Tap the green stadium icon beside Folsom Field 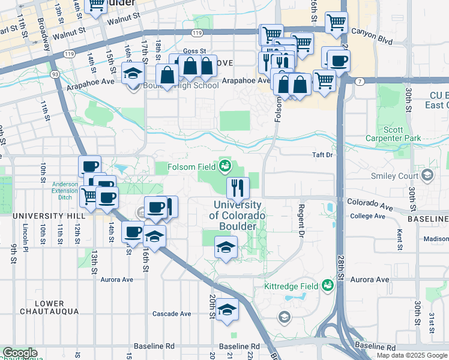pyautogui.click(x=225, y=165)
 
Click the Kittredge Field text pyautogui.click(x=292, y=287)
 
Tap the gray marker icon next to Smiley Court pyautogui.click(x=427, y=175)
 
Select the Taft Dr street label pyautogui.click(x=322, y=155)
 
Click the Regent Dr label pyautogui.click(x=300, y=220)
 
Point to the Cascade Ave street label pyautogui.click(x=172, y=314)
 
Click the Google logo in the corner pyautogui.click(x=19, y=353)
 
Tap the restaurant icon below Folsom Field pyautogui.click(x=238, y=188)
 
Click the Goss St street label pyautogui.click(x=194, y=52)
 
